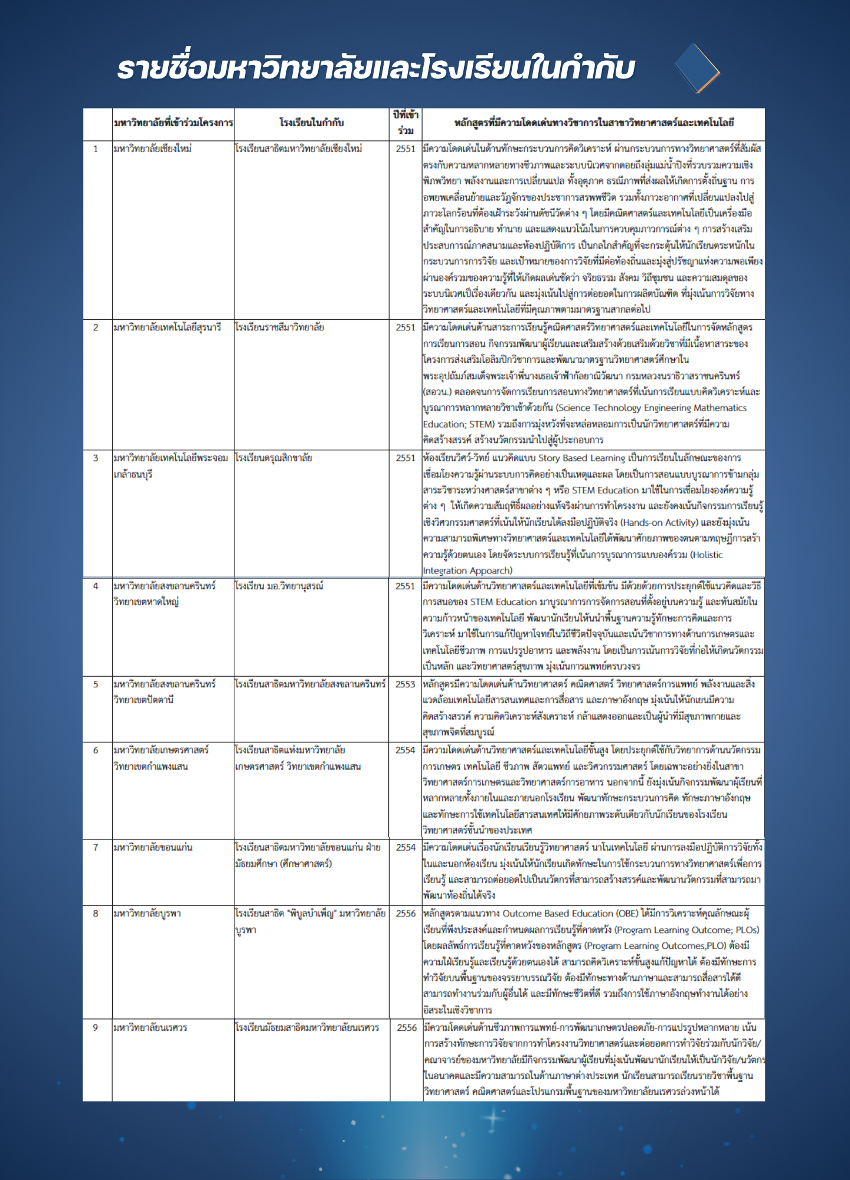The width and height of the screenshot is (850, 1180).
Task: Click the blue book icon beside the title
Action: point(697,68)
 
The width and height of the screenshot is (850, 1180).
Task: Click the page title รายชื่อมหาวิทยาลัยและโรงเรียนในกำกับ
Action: point(375,68)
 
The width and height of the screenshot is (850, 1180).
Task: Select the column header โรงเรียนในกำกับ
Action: point(311,123)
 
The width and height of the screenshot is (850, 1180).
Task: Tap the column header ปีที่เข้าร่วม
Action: point(406,123)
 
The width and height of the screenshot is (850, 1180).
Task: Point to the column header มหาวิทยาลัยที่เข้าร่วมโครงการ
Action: point(173,123)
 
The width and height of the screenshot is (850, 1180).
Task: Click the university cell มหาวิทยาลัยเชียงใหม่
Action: point(152,149)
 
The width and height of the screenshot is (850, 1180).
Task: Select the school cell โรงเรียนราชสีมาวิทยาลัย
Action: point(279,327)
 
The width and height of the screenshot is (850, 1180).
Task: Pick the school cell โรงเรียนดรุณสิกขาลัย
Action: point(273,458)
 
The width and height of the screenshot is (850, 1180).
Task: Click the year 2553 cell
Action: point(406,684)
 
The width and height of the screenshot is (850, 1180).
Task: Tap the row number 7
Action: point(96,847)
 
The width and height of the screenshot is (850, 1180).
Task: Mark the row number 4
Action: point(96,586)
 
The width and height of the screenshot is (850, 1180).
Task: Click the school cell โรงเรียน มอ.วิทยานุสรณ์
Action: point(279,586)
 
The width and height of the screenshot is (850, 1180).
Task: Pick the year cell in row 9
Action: point(406,1027)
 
